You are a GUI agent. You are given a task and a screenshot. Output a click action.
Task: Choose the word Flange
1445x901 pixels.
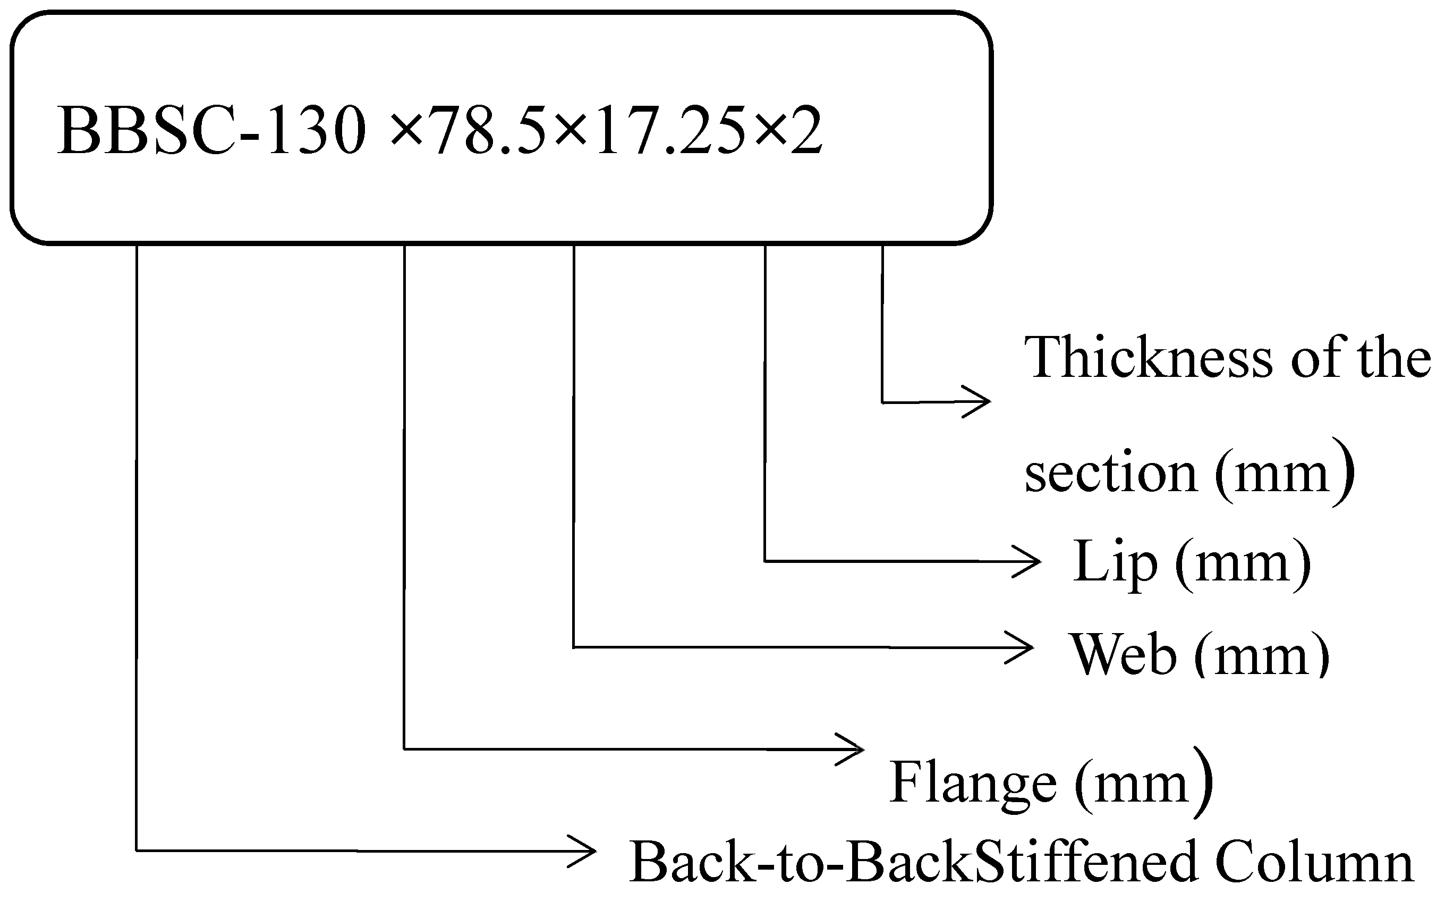pos(973,782)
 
